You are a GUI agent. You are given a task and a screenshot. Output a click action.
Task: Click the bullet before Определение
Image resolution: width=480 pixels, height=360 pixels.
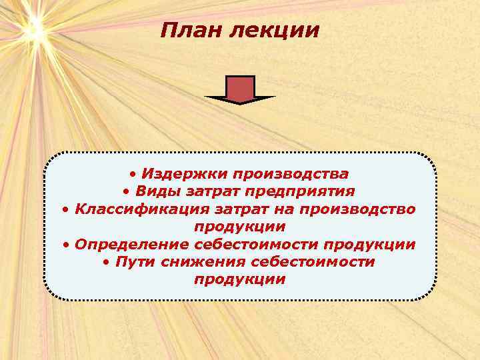point(67,245)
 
